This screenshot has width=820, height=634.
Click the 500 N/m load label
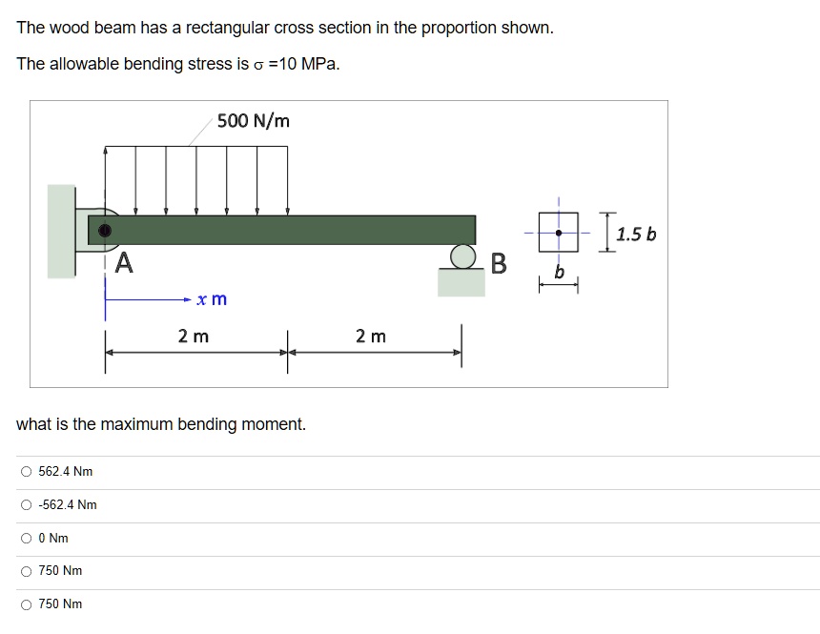click(253, 121)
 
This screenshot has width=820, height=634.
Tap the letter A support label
click(124, 263)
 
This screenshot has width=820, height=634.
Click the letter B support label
click(498, 263)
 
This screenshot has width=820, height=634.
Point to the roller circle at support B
click(462, 256)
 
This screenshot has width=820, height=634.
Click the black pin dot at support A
click(105, 230)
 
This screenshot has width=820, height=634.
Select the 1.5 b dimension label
click(636, 235)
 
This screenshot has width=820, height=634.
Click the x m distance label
click(211, 299)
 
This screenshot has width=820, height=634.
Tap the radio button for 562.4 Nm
click(27, 472)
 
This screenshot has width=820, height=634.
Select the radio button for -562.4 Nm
click(27, 505)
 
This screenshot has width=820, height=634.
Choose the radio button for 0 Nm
click(27, 539)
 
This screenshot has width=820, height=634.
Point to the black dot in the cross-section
click(559, 233)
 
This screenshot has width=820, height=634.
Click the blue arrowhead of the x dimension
click(188, 299)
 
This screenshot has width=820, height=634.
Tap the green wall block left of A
click(62, 232)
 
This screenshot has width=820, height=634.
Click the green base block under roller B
click(461, 281)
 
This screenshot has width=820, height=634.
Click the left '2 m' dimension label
click(194, 337)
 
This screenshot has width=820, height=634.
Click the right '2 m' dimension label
click(371, 337)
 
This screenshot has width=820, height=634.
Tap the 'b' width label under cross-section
click(560, 274)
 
